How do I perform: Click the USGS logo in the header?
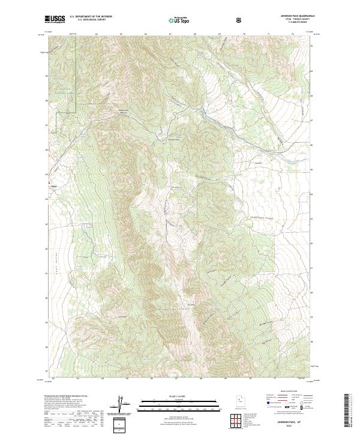pos(55,20)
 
